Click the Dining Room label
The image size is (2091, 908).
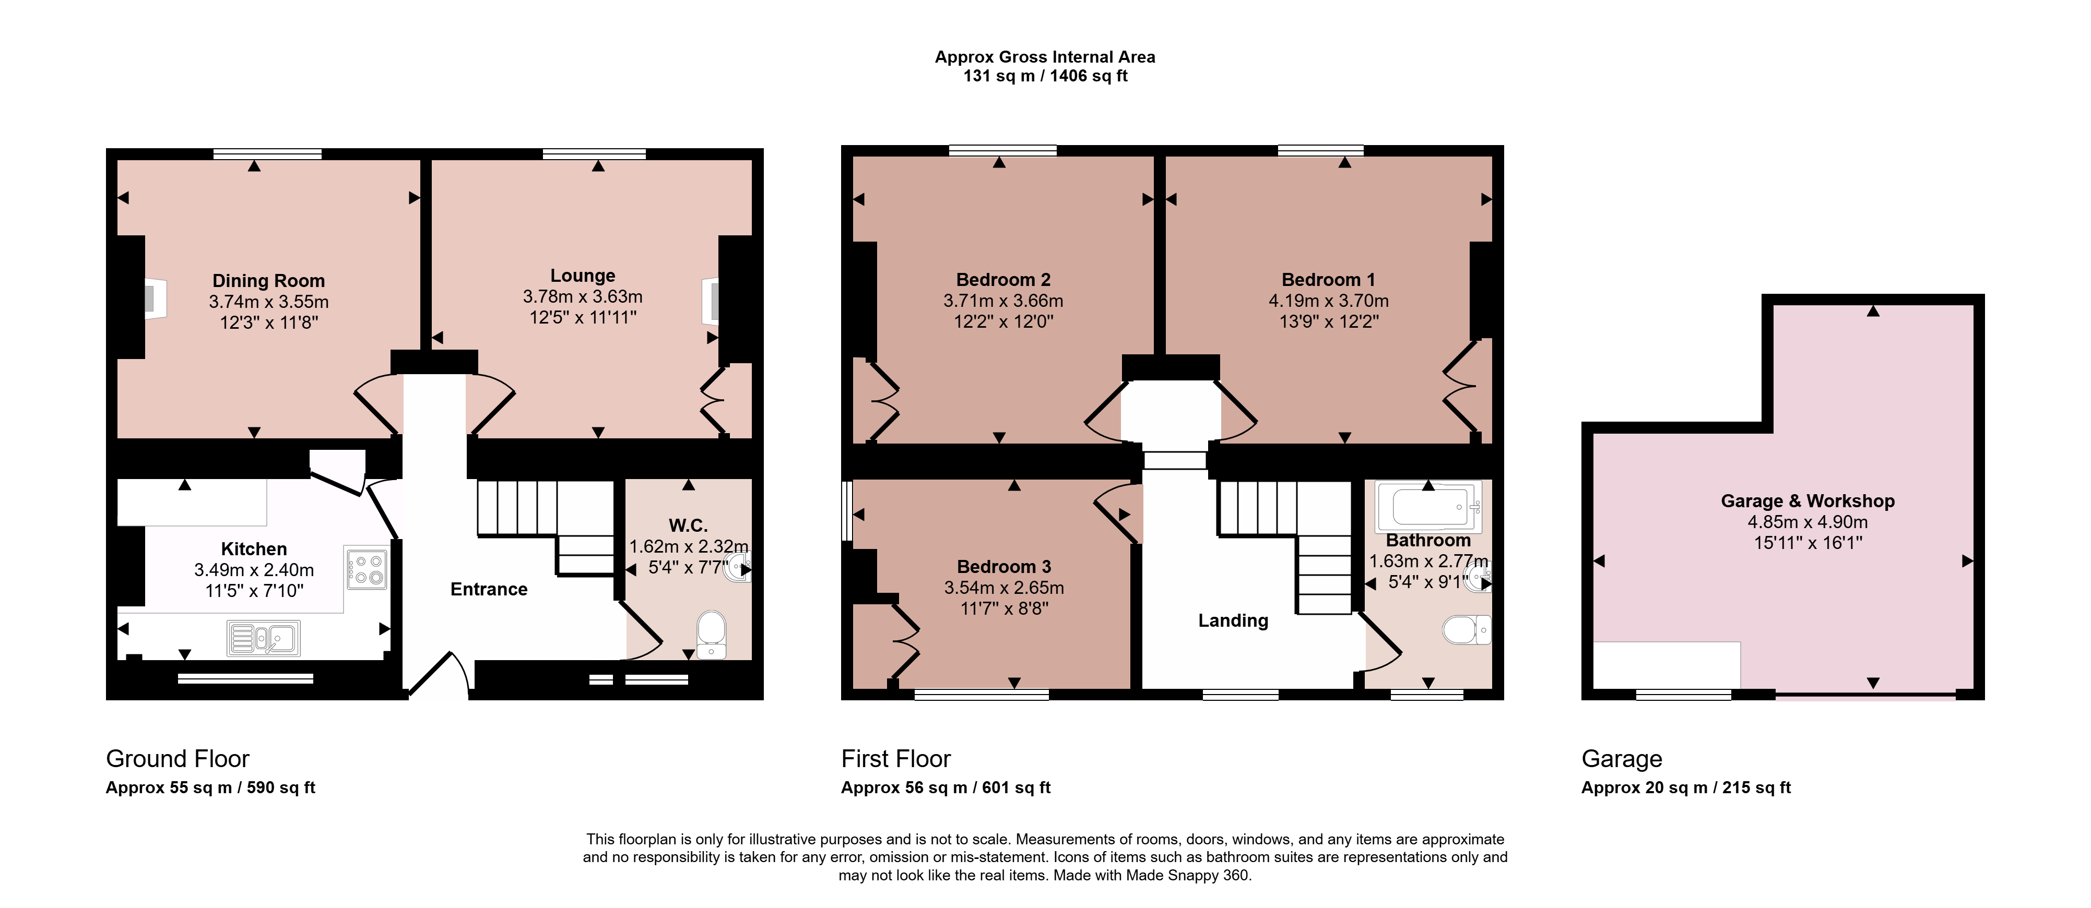[269, 281]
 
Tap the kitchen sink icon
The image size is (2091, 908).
[264, 638]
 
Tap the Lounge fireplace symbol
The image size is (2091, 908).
[710, 301]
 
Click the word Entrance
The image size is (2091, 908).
[489, 590]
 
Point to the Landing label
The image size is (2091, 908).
[1233, 621]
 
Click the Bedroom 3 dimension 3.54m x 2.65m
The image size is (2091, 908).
[1004, 588]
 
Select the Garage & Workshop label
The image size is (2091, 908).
[1808, 501]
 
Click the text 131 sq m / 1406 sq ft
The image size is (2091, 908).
[1045, 76]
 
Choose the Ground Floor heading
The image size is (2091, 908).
[178, 759]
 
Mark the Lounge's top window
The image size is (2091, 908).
[594, 153]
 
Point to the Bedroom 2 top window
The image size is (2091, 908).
[1002, 150]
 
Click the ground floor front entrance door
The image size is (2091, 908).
[439, 675]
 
